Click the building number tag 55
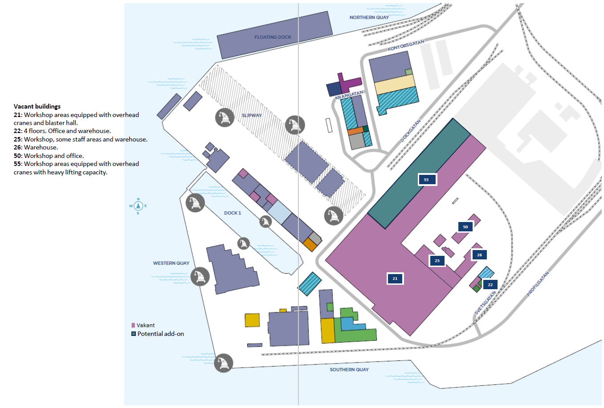tap(427, 180)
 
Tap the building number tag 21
tap(395, 279)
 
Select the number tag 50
tap(465, 227)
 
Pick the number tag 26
tap(479, 255)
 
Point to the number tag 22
tap(490, 285)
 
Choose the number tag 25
tap(437, 261)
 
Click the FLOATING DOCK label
tap(273, 37)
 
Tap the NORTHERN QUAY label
tap(369, 17)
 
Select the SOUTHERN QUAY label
tap(349, 370)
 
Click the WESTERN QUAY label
tap(171, 263)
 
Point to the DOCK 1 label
tap(233, 213)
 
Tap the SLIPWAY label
tap(252, 116)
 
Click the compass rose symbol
tap(138, 206)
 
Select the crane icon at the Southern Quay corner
tap(224, 363)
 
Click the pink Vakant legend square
tap(133, 325)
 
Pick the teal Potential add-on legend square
tap(133, 334)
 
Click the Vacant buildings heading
tap(37, 106)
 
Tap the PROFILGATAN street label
tap(538, 284)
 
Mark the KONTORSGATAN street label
tap(406, 45)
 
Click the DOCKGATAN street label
tap(410, 131)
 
